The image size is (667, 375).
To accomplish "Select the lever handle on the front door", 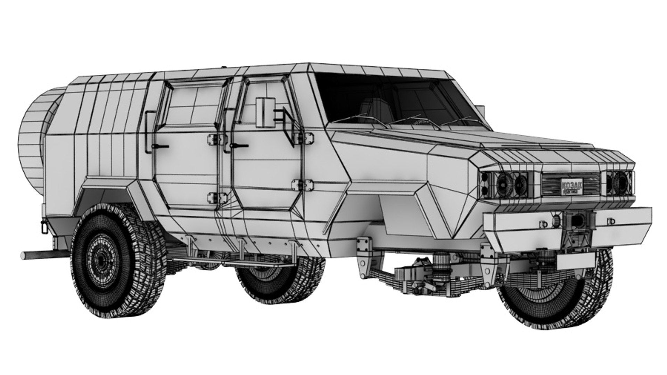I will (x=239, y=145).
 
